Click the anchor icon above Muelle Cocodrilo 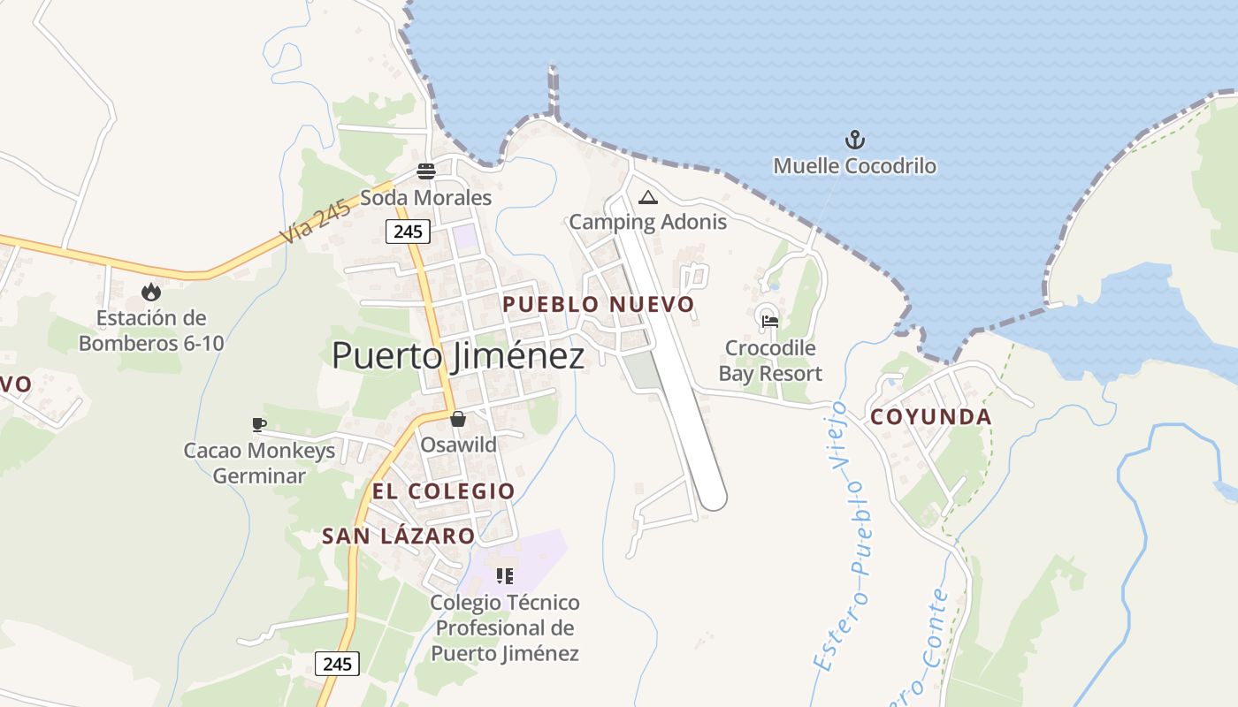click(855, 140)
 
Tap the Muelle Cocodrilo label click(854, 166)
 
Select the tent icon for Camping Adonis click(648, 197)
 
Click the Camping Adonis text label click(647, 222)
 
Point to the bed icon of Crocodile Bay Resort click(770, 322)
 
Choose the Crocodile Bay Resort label click(770, 361)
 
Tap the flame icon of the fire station click(151, 292)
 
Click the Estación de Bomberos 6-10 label click(151, 331)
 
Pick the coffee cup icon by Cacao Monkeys click(258, 425)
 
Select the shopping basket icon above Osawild click(458, 419)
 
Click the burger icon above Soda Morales click(426, 171)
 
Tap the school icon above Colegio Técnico click(505, 577)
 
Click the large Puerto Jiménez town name click(458, 356)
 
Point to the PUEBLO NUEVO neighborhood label click(599, 305)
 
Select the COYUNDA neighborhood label click(931, 417)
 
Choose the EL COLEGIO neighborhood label click(443, 491)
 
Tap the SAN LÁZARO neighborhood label click(398, 536)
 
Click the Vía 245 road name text click(314, 220)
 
